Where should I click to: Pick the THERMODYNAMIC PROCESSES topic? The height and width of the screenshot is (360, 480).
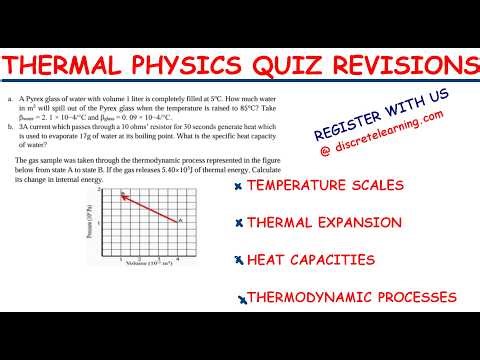point(352,297)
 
